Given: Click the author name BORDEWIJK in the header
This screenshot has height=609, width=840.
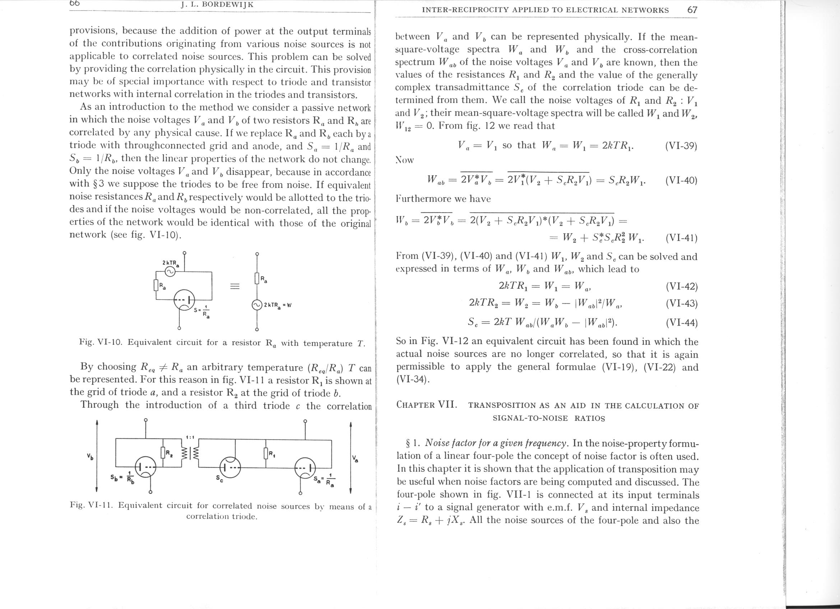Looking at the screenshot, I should pyautogui.click(x=227, y=5).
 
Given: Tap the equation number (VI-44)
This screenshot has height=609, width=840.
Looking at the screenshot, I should pyautogui.click(x=681, y=323).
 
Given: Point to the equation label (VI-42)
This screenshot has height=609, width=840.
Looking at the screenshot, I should pyautogui.click(x=681, y=287).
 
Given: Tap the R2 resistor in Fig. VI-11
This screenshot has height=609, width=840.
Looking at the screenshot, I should pyautogui.click(x=163, y=453).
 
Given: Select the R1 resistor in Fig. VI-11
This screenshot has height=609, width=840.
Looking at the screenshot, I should pyautogui.click(x=265, y=453).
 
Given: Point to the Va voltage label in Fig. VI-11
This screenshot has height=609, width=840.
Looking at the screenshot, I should pyautogui.click(x=356, y=459).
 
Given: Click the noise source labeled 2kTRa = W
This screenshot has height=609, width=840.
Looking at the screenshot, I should pyautogui.click(x=257, y=305).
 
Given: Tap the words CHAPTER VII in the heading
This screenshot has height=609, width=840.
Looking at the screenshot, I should pyautogui.click(x=426, y=404).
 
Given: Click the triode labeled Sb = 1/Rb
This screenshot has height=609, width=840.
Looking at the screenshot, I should pyautogui.click(x=146, y=467).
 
